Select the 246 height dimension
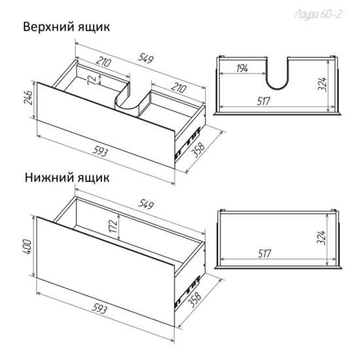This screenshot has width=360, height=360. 29,99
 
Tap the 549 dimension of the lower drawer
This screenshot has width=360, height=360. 145,205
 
